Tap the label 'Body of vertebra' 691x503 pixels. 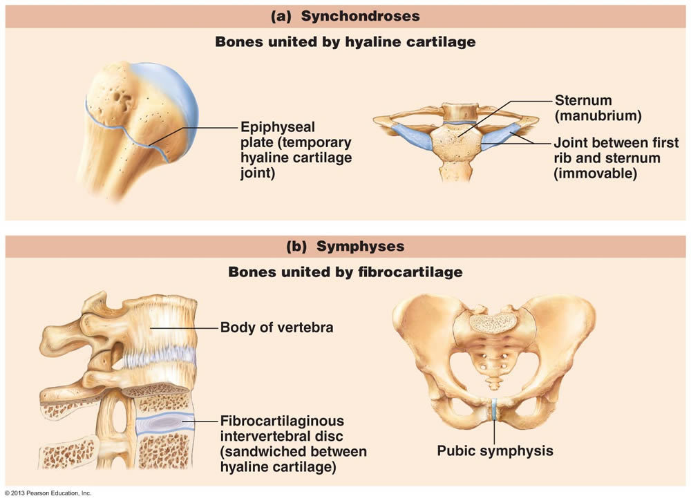click(276, 327)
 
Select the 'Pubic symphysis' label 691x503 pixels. click(495, 450)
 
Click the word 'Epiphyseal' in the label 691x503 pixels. click(277, 127)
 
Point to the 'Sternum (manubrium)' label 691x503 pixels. click(598, 108)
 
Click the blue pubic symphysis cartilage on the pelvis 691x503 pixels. click(494, 408)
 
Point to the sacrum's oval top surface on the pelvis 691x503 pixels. click(493, 321)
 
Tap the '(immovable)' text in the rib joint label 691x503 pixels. click(594, 174)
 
